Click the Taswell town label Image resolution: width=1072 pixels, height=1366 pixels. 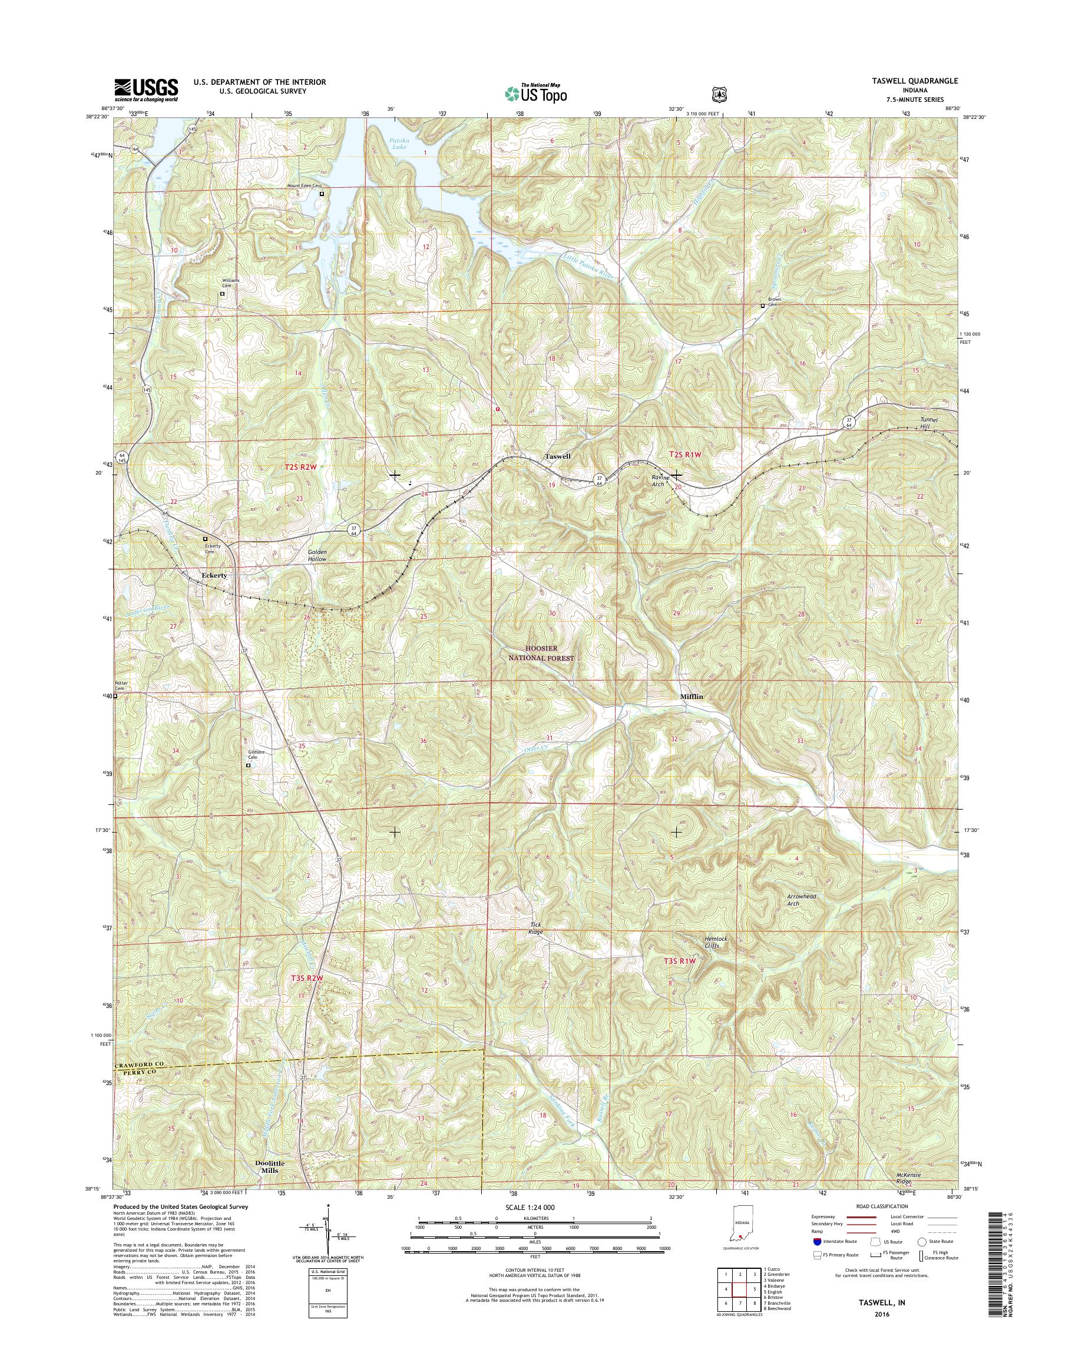coord(557,456)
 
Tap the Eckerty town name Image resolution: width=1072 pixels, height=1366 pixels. coord(213,575)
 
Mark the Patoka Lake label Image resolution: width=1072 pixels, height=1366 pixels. coord(399,144)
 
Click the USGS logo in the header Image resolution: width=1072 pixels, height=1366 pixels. coord(145,90)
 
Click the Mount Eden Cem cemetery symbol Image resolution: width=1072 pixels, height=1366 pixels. coord(322,194)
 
